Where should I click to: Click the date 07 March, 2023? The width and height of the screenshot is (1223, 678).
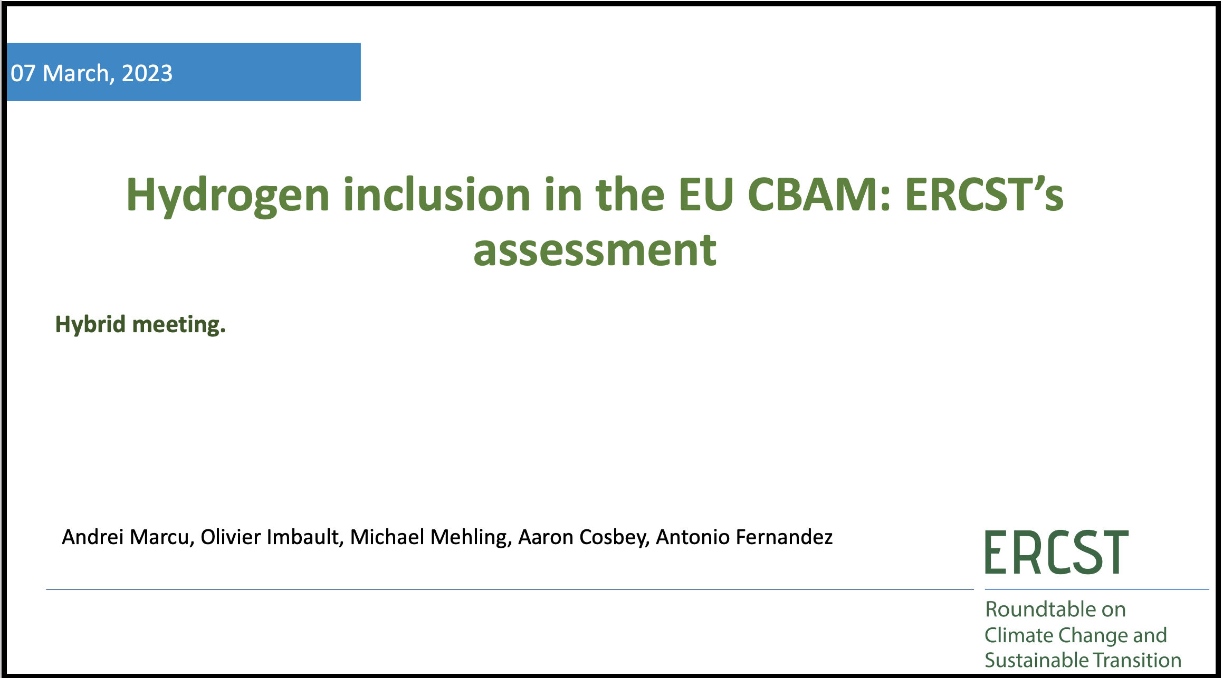(91, 74)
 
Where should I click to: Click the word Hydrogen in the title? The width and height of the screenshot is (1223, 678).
(228, 196)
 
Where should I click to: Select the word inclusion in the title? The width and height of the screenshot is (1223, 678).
(437, 195)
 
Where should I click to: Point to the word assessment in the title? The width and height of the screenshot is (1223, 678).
(595, 250)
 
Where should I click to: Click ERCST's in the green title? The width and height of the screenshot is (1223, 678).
(985, 195)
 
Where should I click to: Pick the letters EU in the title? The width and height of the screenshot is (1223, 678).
(706, 195)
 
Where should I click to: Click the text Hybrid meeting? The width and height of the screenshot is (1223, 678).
(140, 325)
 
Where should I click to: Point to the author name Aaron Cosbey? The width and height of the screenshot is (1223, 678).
(584, 538)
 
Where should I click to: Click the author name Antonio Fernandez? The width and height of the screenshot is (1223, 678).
(744, 537)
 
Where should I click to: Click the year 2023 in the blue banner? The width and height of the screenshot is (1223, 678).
(147, 73)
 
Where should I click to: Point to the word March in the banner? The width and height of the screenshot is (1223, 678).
(75, 73)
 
